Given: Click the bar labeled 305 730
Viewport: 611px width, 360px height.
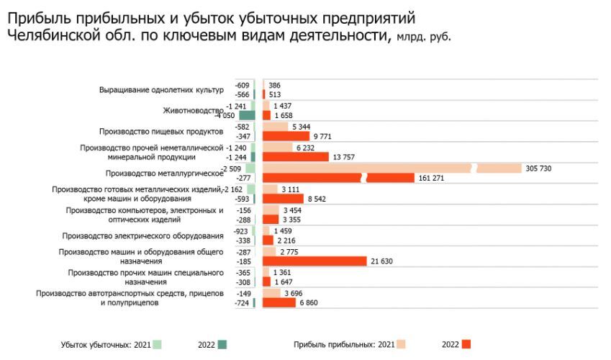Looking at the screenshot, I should tap(392, 168).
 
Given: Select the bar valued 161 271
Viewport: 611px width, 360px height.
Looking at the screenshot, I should tap(338, 178).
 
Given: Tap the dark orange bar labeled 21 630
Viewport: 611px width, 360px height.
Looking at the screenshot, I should tap(314, 261).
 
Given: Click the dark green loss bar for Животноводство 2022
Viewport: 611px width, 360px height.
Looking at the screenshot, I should tap(247, 115).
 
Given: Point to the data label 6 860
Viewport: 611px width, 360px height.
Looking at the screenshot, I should tap(308, 303).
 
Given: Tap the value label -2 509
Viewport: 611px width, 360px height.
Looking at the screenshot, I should tap(232, 168).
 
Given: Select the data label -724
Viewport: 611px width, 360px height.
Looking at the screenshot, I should tap(242, 303).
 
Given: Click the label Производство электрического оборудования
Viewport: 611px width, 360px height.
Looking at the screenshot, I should tap(142, 235).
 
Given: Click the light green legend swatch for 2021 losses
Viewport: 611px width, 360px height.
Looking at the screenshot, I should tap(158, 344).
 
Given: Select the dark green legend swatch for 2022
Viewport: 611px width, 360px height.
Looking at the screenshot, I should tap(223, 344).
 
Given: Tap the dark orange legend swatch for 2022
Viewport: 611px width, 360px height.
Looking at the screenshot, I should tap(466, 344).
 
